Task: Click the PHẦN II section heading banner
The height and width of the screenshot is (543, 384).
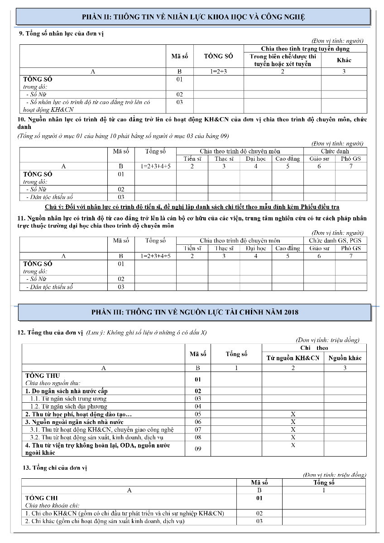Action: click(193, 17)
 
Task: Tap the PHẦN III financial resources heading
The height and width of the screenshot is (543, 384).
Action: click(194, 312)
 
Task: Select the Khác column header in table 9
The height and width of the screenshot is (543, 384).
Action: click(344, 60)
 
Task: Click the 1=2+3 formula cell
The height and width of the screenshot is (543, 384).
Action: click(218, 71)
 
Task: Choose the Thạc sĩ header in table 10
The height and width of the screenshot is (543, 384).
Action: click(224, 158)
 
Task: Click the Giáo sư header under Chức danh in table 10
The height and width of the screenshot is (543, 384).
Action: click(319, 158)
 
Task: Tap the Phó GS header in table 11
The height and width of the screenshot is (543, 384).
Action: click(351, 248)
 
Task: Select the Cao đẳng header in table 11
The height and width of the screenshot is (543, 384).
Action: click(288, 248)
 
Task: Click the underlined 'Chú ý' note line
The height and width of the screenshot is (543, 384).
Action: click(192, 207)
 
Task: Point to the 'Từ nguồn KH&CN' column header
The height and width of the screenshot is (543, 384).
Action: click(293, 358)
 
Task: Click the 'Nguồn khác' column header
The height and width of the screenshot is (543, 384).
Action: click(345, 358)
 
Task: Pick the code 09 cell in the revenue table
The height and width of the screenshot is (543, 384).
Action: click(198, 448)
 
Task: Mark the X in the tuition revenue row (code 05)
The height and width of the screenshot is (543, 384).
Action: click(293, 414)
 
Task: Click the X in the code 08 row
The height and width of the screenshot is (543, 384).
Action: click(293, 437)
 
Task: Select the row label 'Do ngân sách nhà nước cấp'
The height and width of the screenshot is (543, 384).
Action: click(67, 391)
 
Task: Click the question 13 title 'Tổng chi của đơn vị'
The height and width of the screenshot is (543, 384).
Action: click(56, 467)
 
